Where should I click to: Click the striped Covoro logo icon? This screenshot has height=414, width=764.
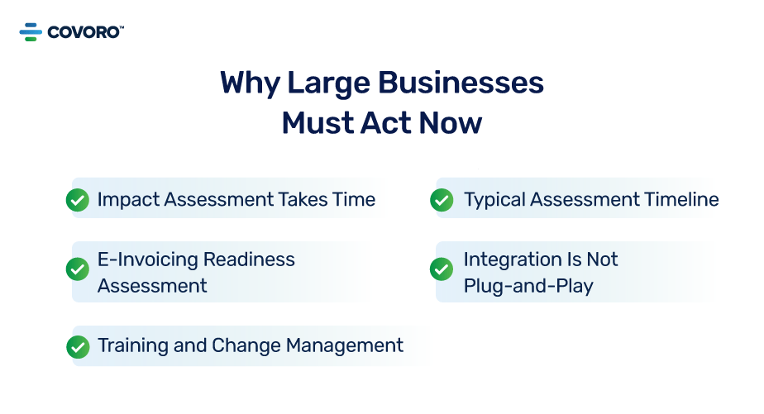click(x=31, y=32)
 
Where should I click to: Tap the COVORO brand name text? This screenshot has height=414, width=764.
click(x=84, y=32)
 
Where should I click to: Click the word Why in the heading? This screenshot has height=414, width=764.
click(x=248, y=83)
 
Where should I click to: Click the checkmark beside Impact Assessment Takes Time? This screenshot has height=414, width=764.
click(x=78, y=200)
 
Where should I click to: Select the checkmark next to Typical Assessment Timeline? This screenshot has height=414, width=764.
click(x=442, y=200)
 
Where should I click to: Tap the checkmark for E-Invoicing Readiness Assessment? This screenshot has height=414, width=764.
click(x=78, y=269)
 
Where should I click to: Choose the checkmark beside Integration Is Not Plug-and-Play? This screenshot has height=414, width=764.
click(x=442, y=269)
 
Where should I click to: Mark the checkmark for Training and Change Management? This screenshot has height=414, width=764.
click(x=78, y=346)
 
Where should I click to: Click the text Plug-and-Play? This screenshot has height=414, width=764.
click(x=528, y=286)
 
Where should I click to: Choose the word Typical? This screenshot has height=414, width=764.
click(x=494, y=199)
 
